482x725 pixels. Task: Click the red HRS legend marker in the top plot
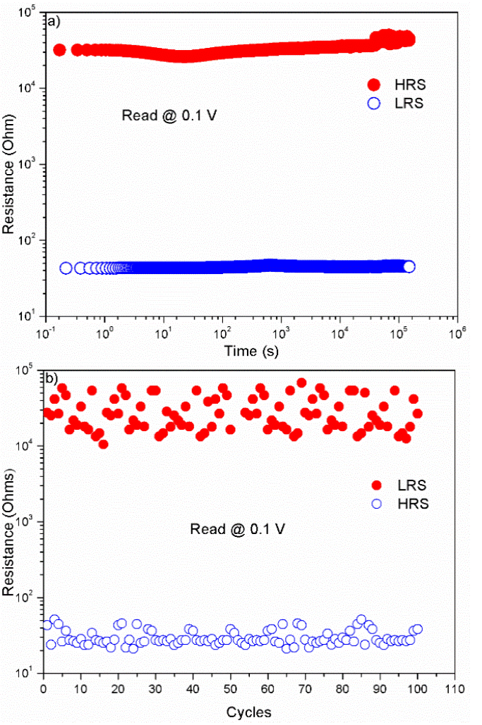[x=375, y=85]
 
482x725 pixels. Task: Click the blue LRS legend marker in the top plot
[x=375, y=104]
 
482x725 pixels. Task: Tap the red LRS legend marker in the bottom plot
[x=376, y=485]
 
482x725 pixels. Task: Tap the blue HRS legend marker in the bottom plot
[x=376, y=504]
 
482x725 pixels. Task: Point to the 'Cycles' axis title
[x=248, y=712]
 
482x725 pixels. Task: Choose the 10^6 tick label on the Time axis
[x=457, y=332]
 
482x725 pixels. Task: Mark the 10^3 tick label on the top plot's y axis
[x=28, y=164]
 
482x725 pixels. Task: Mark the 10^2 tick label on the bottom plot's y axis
[x=28, y=597]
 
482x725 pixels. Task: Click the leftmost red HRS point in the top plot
[x=60, y=49]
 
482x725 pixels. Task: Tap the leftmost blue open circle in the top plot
[x=66, y=268]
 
